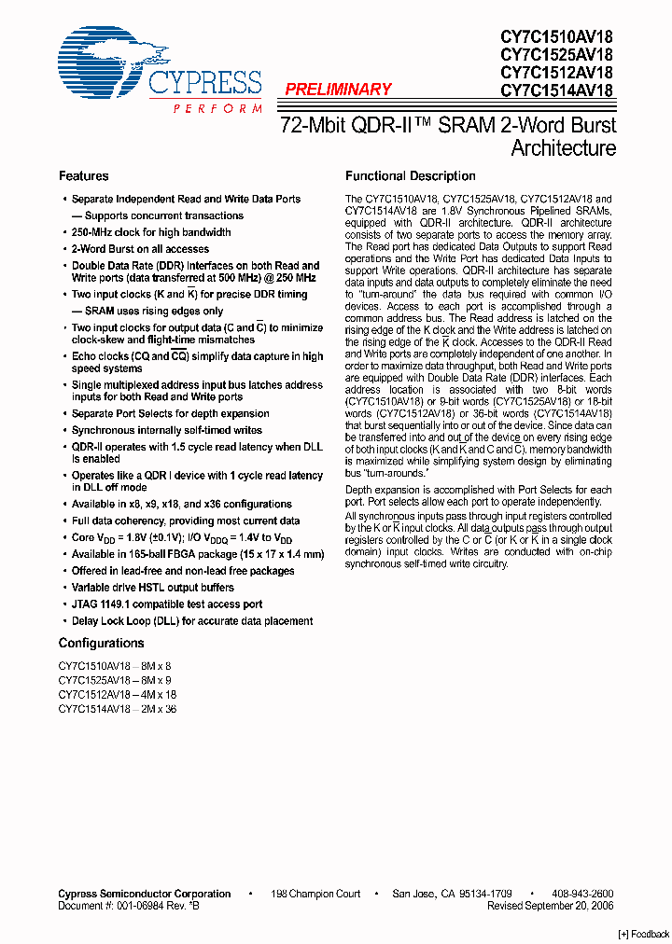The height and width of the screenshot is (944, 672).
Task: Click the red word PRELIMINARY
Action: (338, 90)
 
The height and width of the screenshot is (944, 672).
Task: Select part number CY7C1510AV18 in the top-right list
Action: (556, 36)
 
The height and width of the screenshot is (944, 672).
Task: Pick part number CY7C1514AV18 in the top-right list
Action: (556, 90)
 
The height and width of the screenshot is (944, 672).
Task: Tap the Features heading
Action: (83, 176)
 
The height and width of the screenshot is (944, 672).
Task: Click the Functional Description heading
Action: (411, 176)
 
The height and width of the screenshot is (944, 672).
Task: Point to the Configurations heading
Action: (101, 644)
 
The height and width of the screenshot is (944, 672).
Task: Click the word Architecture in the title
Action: (563, 148)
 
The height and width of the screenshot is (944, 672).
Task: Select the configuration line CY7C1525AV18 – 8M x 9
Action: (115, 681)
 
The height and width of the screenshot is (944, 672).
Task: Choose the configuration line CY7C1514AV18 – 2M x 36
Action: (117, 709)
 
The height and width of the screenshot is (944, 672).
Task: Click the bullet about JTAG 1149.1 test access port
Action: (167, 604)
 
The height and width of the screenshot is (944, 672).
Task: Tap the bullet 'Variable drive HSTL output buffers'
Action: (153, 588)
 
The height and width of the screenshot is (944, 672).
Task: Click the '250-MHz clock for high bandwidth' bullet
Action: (151, 232)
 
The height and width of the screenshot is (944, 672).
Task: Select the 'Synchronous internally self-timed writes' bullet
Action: (167, 430)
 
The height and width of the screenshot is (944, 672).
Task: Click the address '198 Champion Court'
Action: (315, 894)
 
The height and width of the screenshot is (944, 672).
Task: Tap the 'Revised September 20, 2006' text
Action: (550, 906)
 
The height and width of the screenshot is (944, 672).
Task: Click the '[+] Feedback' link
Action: (644, 935)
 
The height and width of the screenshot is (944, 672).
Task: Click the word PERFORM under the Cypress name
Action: (217, 109)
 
